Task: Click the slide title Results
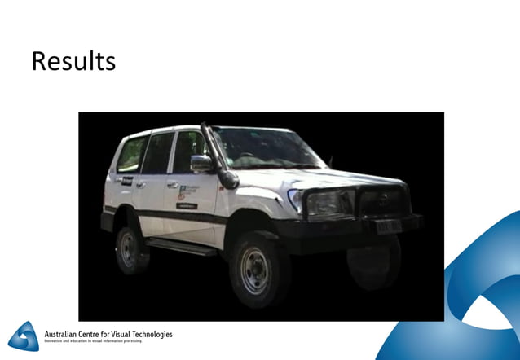point(73,62)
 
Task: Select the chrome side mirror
point(201,163)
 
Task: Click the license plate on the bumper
point(389,226)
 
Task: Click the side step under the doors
point(180,245)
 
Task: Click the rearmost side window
point(130,153)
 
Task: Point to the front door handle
point(173,184)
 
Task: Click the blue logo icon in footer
point(24,336)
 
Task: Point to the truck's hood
point(326,174)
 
